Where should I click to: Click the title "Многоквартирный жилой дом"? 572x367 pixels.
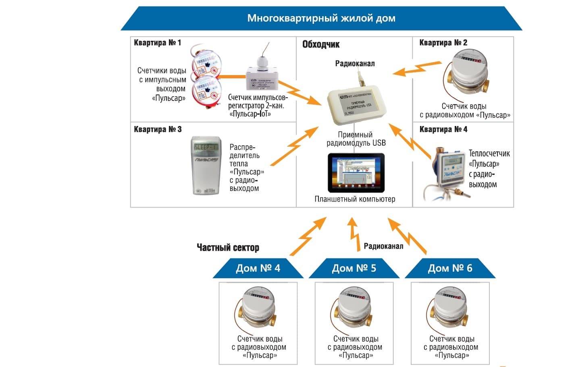pos(321,18)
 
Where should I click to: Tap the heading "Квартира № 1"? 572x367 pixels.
pos(157,43)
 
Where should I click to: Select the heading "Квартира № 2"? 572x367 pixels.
pos(443,43)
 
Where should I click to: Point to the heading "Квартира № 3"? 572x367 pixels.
pos(158,129)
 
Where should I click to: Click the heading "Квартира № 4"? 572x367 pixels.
pos(443,129)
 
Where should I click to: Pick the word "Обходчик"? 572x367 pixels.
pos(321,44)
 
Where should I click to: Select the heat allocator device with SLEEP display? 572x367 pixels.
pos(206,166)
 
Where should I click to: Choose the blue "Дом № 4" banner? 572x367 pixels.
pos(258,268)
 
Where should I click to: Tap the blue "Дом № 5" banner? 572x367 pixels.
pos(354,268)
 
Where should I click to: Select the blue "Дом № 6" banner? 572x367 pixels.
pos(450,268)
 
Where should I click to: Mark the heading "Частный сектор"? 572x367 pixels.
pos(228,247)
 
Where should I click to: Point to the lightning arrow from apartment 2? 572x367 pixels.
pos(417,68)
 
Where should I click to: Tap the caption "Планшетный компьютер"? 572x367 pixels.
pos(355,199)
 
